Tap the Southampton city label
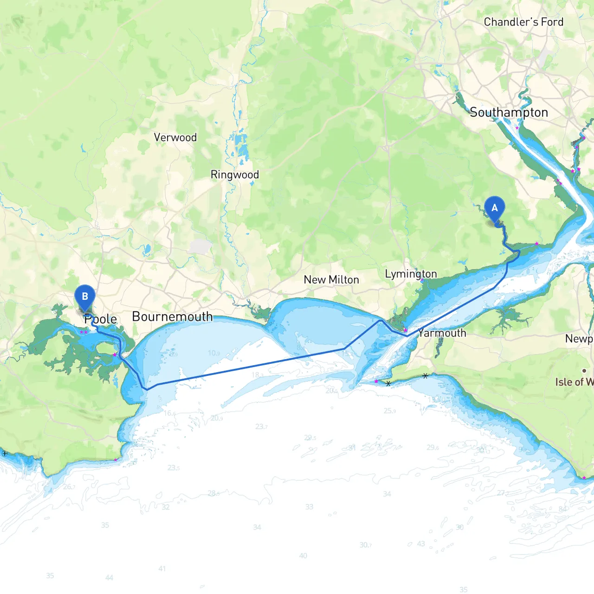click(509, 112)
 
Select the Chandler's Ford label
click(523, 22)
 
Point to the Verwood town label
click(175, 137)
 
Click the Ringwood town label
click(234, 174)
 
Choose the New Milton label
click(331, 279)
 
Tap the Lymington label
click(411, 274)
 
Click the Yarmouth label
click(442, 333)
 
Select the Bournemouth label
click(172, 316)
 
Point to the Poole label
click(101, 319)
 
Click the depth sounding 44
click(109, 578)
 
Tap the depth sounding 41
click(162, 568)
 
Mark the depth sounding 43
click(421, 543)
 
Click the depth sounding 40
click(303, 555)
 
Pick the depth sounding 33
click(309, 507)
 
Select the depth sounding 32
click(166, 507)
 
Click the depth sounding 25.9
click(390, 411)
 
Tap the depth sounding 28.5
click(214, 493)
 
